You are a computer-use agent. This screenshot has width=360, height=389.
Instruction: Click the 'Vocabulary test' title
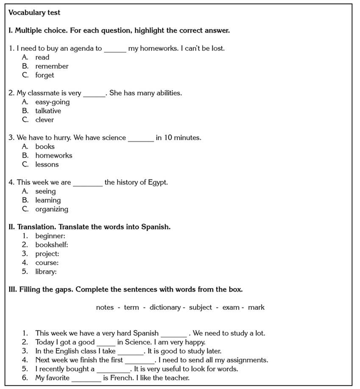34,13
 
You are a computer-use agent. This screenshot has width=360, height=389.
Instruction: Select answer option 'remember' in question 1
51,66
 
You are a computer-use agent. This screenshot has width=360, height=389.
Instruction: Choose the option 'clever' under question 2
45,120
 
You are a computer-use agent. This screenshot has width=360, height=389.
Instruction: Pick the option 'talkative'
48,111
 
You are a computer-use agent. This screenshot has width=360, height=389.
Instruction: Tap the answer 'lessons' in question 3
47,164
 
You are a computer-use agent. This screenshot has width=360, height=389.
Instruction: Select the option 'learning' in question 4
48,200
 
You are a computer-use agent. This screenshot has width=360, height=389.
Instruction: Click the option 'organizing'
51,209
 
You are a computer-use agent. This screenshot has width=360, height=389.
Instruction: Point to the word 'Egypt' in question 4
157,182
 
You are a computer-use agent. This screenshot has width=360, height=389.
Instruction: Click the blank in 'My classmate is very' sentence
94,94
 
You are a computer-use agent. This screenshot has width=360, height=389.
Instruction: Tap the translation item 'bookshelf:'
51,245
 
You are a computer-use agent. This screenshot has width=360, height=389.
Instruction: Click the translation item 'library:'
46,271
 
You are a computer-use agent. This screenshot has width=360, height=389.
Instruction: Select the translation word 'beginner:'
50,236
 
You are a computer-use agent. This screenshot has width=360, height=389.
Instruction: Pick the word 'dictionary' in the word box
165,307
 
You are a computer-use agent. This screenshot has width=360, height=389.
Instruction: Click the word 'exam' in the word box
231,307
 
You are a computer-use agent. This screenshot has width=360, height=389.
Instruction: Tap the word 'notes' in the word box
105,307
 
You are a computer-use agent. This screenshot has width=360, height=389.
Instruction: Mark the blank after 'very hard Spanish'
173,334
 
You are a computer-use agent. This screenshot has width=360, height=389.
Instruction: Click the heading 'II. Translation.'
33,227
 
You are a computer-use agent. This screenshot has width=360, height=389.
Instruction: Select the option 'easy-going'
52,102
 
